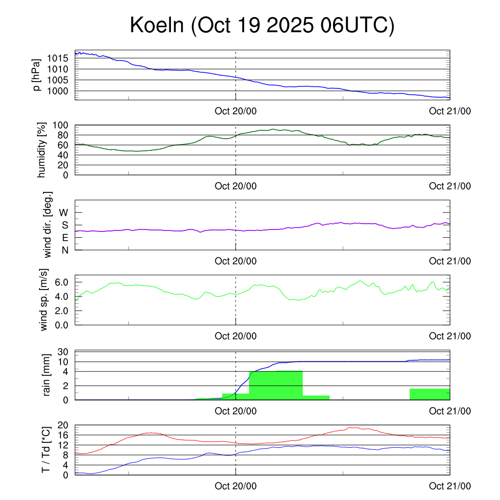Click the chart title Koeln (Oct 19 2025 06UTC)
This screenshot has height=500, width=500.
(262, 25)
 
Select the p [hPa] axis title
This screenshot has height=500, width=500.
(37, 75)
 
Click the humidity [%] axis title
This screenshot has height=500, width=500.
(42, 150)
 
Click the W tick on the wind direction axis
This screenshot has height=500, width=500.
(63, 212)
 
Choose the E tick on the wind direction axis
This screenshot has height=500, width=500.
(64, 237)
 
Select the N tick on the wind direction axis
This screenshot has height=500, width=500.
(64, 250)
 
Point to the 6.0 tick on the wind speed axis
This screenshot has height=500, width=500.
(64, 282)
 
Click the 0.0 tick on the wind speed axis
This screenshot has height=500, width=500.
(64, 325)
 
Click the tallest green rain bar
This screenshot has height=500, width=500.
(276, 385)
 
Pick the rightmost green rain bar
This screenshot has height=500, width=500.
(430, 394)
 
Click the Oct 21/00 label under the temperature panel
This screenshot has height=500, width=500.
(450, 486)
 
